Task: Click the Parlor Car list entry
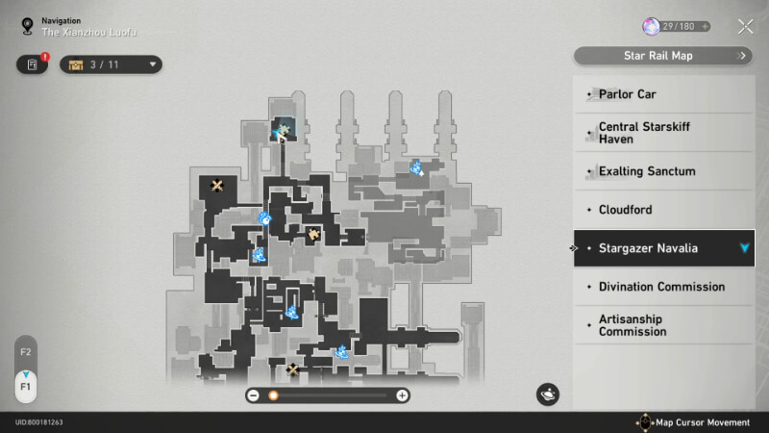[x=664, y=94]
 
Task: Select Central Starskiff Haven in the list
[x=664, y=133]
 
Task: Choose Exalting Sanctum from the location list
[x=664, y=171]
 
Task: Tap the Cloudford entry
[x=664, y=210]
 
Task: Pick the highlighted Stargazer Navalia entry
[x=664, y=248]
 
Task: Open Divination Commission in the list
[x=664, y=287]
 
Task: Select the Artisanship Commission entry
[x=664, y=325]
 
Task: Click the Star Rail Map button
[x=662, y=56]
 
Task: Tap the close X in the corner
[x=746, y=27]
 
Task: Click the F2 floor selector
[x=26, y=351]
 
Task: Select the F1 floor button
[x=26, y=387]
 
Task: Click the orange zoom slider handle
[x=273, y=395]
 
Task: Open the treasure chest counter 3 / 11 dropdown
[x=111, y=64]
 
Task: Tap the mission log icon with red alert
[x=33, y=64]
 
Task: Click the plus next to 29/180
[x=705, y=27]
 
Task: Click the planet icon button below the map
[x=547, y=395]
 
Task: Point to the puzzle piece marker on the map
[x=313, y=234]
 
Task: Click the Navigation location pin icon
[x=28, y=26]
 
